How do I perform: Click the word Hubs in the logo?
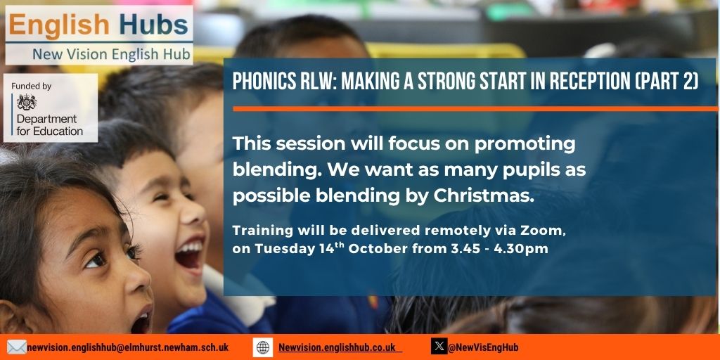[153, 27]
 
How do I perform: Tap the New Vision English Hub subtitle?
[111, 55]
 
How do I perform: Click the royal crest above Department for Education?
[27, 102]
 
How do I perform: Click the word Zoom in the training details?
[547, 230]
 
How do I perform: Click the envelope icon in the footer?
[16, 347]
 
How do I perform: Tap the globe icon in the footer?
[263, 347]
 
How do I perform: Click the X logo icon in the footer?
[439, 347]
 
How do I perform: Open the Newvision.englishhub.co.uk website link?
[337, 347]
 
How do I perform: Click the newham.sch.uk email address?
[127, 347]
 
